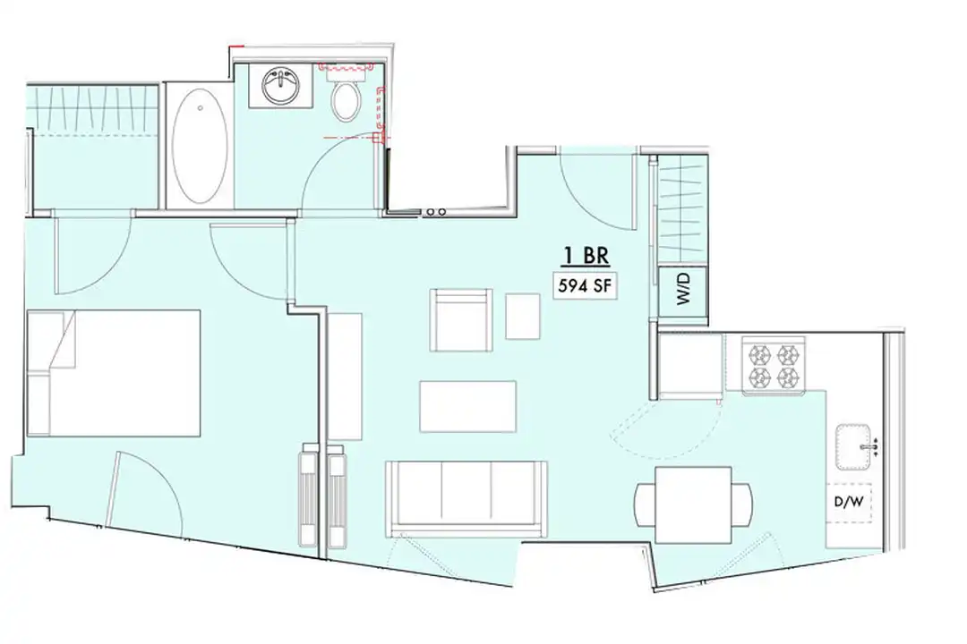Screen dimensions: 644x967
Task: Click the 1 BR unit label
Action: [586, 256]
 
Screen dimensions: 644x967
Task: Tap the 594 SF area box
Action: [586, 287]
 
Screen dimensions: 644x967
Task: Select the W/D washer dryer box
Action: [684, 290]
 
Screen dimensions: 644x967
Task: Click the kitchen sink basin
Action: [856, 445]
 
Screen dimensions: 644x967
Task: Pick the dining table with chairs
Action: [694, 504]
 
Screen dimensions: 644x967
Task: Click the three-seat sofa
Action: [466, 498]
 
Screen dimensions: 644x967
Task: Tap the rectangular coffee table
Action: [467, 406]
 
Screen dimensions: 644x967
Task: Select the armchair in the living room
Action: [460, 320]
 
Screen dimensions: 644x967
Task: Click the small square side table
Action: [522, 316]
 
